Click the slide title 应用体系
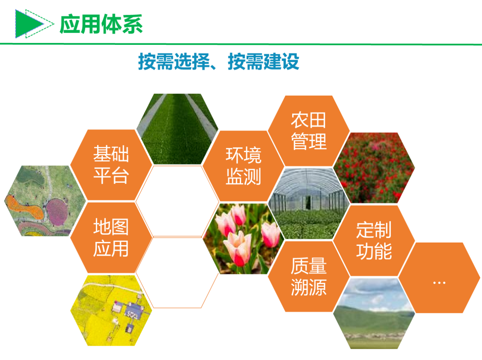101,24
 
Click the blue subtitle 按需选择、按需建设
219,61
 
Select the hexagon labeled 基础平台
111,165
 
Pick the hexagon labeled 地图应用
111,238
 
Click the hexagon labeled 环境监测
243,166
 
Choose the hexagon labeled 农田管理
309,131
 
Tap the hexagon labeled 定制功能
374,241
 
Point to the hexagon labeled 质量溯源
309,276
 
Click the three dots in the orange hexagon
439,283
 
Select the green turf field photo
177,129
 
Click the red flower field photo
374,168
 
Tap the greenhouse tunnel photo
309,204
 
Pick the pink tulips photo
243,239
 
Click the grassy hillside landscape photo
374,313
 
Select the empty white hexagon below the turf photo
177,201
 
